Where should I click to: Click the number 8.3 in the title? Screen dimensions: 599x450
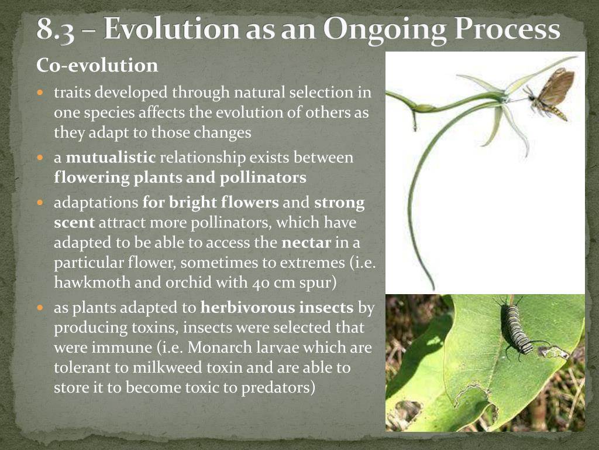[56, 29]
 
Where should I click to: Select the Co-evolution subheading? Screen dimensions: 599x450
[97, 65]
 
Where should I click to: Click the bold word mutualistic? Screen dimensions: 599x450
[111, 157]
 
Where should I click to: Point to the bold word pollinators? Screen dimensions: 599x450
[263, 178]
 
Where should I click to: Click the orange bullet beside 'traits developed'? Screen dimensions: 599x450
[40, 92]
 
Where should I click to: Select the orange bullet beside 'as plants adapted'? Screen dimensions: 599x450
[40, 308]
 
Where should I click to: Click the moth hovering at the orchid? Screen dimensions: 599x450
[549, 94]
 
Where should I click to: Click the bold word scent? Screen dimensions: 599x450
[74, 223]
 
